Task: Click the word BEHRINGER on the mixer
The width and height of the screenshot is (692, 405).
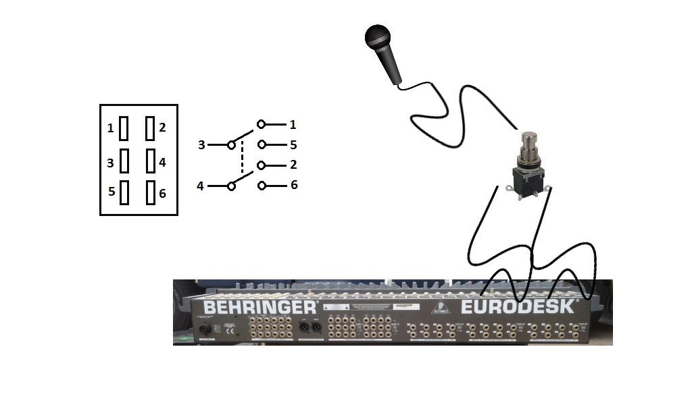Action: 259,307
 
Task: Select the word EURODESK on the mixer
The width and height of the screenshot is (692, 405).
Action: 518,307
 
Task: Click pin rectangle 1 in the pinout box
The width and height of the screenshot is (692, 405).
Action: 124,128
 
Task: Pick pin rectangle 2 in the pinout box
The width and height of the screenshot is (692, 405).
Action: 150,128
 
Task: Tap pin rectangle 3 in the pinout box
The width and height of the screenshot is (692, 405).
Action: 124,161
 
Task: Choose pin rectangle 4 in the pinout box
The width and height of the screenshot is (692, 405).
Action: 150,161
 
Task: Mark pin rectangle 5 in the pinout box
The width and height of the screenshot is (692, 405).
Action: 124,192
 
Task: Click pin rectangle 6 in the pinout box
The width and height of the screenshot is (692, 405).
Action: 150,192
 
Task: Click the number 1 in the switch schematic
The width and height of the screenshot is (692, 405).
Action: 293,125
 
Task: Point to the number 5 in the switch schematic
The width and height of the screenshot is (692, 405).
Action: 293,144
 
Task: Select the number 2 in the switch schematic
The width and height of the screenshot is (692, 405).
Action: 293,165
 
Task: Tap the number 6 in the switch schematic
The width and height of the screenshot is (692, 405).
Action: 293,185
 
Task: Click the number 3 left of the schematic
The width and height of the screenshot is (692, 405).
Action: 201,145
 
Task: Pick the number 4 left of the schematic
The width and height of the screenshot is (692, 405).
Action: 200,186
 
